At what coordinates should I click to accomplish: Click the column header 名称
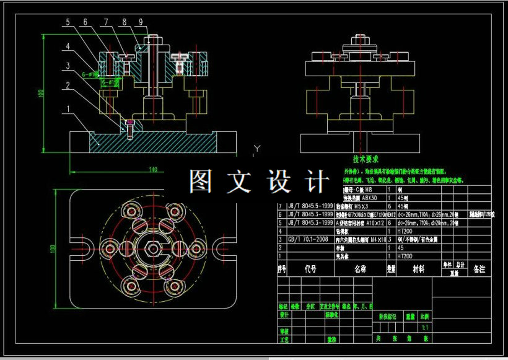[360, 269]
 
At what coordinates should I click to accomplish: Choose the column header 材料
[419, 269]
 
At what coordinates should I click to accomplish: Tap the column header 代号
[310, 269]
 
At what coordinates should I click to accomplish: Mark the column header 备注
[479, 269]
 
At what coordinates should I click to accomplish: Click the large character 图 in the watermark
[202, 180]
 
